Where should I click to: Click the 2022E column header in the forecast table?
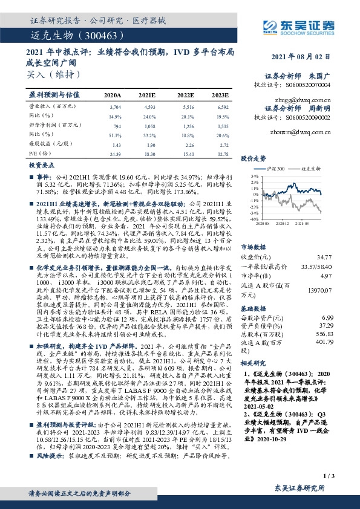click(185, 95)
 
